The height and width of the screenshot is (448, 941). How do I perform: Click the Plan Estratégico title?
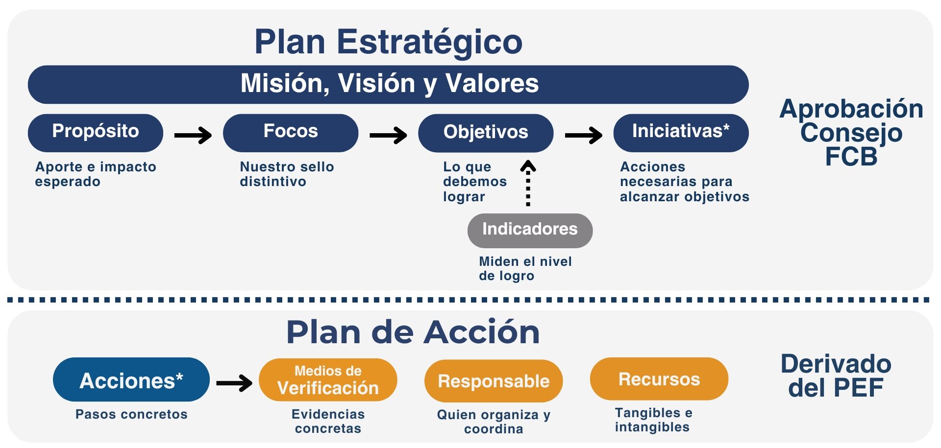click(x=388, y=43)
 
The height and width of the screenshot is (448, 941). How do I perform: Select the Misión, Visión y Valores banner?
click(x=388, y=84)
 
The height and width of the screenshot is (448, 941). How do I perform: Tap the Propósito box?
click(x=96, y=133)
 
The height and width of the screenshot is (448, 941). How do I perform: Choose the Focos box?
click(x=291, y=133)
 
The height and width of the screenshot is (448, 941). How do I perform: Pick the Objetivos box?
click(x=486, y=133)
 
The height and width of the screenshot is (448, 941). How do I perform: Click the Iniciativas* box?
click(x=681, y=133)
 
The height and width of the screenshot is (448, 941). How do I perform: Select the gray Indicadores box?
click(x=530, y=230)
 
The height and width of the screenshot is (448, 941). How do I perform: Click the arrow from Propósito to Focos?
click(x=193, y=135)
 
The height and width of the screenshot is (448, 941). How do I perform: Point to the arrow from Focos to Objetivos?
click(x=388, y=135)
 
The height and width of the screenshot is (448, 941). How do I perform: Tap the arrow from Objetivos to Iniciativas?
click(x=583, y=135)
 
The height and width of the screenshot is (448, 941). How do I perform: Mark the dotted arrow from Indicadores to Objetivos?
click(x=528, y=183)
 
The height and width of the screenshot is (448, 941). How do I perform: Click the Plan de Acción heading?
click(x=413, y=332)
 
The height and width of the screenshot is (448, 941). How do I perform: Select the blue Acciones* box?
click(x=131, y=379)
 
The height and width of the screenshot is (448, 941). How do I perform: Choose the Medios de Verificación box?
click(x=328, y=380)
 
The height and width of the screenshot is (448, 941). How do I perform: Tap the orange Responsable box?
click(x=494, y=381)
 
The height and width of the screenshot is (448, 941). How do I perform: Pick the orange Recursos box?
click(x=659, y=379)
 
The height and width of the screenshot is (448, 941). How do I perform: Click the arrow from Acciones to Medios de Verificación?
click(x=234, y=382)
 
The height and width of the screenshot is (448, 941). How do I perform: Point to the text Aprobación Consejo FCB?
click(x=852, y=132)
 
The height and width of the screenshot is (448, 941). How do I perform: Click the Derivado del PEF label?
click(x=836, y=376)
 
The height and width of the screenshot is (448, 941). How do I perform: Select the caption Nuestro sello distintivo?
click(x=287, y=174)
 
